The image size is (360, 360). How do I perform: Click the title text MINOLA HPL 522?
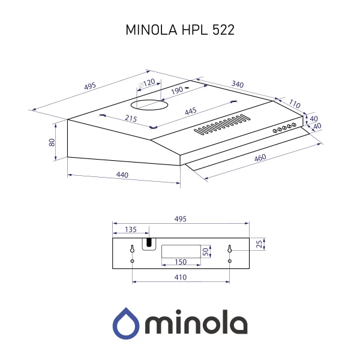click(x=180, y=31)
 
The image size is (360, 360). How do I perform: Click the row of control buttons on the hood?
click(x=284, y=127)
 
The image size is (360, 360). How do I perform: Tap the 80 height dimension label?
click(x=52, y=142)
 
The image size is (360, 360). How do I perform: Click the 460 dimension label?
click(x=260, y=158)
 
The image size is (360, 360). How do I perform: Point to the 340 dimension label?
click(x=237, y=85)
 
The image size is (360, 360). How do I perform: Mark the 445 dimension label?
click(x=191, y=112)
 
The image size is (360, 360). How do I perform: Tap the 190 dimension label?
click(x=177, y=91)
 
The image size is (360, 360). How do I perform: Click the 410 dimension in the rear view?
click(x=180, y=277)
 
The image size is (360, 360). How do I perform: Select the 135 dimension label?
click(x=130, y=229)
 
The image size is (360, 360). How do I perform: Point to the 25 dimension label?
click(x=259, y=243)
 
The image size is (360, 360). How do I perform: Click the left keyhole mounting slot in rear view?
click(x=133, y=249)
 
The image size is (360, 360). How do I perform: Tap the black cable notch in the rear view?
click(x=148, y=243)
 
